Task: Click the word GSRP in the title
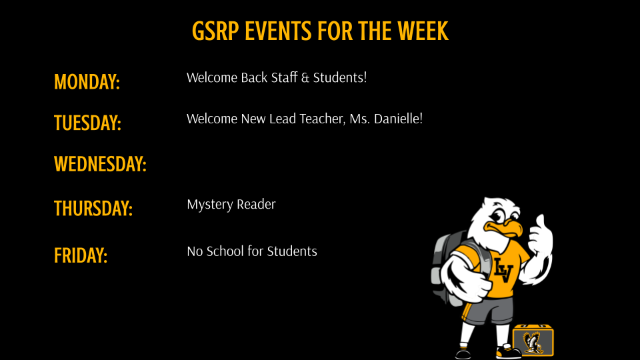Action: point(215,31)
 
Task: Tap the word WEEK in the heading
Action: point(423,31)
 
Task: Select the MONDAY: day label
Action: point(87,82)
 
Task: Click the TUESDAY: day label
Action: point(87,123)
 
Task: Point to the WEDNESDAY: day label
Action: point(100,164)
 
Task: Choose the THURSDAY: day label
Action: point(93,209)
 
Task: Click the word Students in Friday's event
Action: point(292,251)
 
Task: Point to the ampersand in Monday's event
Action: point(305,78)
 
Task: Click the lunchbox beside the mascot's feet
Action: point(533,340)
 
